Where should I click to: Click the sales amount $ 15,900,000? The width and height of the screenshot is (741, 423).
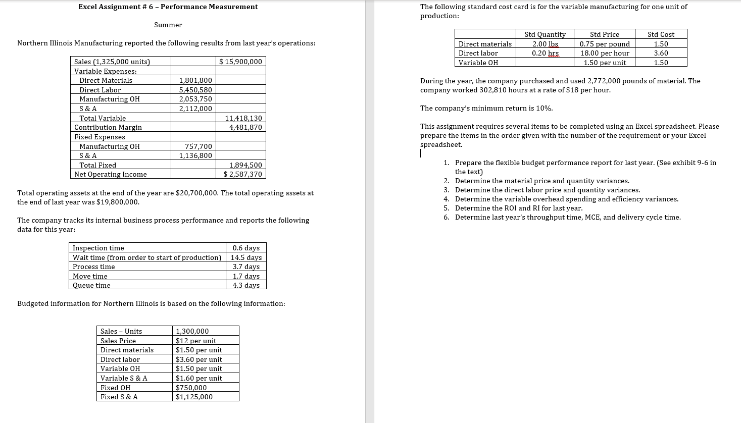tap(241, 62)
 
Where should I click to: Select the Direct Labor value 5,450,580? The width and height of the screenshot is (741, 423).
tap(195, 90)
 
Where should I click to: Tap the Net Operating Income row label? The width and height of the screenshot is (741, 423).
tap(111, 174)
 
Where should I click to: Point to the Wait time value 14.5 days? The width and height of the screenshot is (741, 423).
tap(246, 257)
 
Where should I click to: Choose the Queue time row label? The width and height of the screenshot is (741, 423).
tap(91, 285)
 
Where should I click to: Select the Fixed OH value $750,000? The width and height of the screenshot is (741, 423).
tap(191, 388)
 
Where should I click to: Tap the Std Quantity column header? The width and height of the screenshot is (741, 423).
tap(545, 34)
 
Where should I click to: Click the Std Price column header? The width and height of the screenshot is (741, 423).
tap(604, 34)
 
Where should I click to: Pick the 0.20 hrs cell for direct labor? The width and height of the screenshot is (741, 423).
tap(546, 53)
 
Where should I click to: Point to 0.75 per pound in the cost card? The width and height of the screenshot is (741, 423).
tap(605, 44)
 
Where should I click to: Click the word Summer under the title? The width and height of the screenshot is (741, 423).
tap(168, 25)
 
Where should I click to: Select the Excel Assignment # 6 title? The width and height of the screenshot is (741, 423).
tap(168, 7)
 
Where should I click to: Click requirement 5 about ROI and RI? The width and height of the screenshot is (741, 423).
tap(518, 208)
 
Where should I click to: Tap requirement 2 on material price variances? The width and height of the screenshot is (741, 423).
tap(542, 181)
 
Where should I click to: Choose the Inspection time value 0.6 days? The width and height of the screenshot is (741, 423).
tap(246, 248)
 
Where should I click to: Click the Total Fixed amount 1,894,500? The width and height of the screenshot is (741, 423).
tap(245, 165)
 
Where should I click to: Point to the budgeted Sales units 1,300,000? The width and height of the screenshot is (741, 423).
tap(192, 331)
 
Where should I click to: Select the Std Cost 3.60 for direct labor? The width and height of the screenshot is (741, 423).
tap(661, 53)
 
